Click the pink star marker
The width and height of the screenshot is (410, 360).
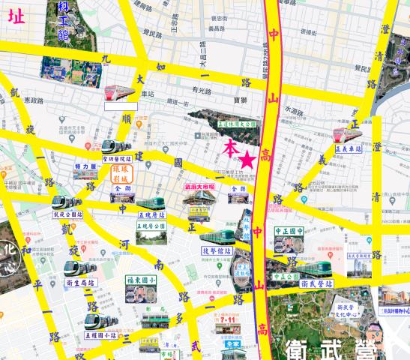pyautogui.click(x=247, y=159)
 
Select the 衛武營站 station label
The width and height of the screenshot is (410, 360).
pyautogui.click(x=316, y=284)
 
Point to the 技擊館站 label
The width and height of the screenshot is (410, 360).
pyautogui.click(x=217, y=250)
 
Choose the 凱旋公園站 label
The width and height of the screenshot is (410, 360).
pyautogui.click(x=67, y=214)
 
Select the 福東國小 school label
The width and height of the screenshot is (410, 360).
pyautogui.click(x=141, y=280)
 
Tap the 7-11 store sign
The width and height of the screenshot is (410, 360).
pyautogui.click(x=228, y=319)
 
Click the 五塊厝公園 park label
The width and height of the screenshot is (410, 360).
pyautogui.click(x=151, y=225)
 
